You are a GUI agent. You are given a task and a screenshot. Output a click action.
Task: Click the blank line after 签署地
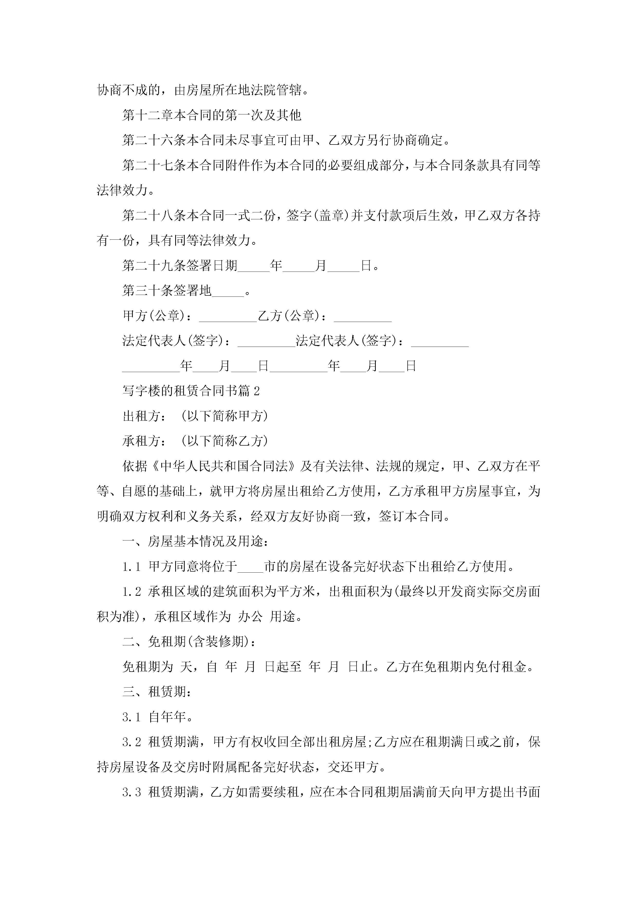click(228, 292)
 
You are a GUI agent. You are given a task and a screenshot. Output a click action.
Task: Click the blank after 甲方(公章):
click(228, 317)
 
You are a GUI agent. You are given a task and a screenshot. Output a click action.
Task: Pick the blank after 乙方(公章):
click(363, 317)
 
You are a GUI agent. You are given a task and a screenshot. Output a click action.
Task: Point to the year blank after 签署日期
click(254, 266)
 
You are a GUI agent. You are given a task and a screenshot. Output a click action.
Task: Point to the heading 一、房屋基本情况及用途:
click(195, 542)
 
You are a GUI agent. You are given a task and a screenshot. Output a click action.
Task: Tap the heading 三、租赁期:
click(157, 692)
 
